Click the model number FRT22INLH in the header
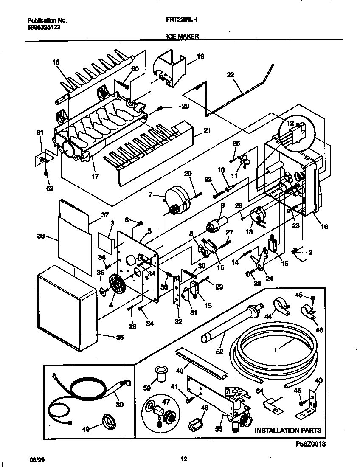click(x=181, y=20)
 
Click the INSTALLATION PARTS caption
click(x=287, y=430)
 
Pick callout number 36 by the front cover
click(x=120, y=338)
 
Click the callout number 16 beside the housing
click(x=324, y=227)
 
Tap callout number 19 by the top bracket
click(x=200, y=56)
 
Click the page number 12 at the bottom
click(x=183, y=459)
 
